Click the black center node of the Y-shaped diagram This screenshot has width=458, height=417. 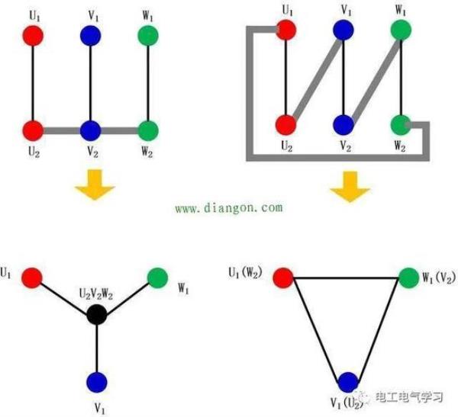(96, 313)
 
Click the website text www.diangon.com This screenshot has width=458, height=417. (228, 207)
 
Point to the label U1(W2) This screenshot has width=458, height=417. (249, 272)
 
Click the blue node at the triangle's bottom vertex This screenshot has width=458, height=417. (348, 380)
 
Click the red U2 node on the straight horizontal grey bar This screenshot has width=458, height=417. (31, 130)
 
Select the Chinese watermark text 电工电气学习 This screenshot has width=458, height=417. (409, 396)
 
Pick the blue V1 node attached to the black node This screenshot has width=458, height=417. (96, 381)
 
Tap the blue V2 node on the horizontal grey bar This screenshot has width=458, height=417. (91, 130)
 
